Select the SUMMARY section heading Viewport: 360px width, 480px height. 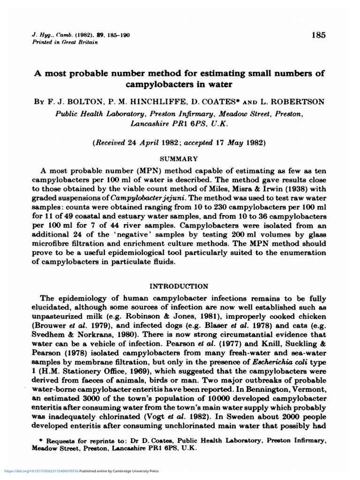(x=180, y=159)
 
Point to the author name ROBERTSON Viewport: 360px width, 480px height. (x=297, y=101)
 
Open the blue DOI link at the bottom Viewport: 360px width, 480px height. (x=41, y=471)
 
